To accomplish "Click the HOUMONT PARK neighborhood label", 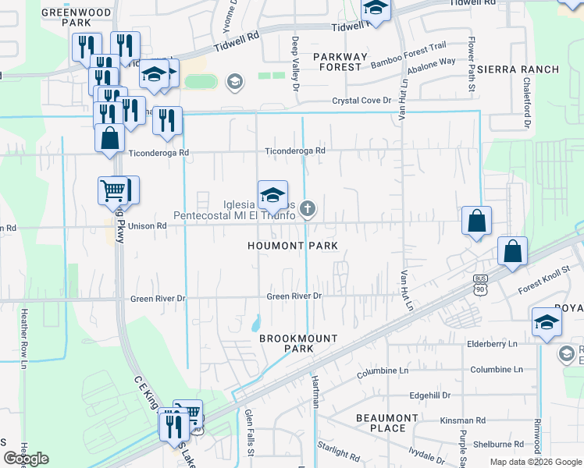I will pyautogui.click(x=293, y=246).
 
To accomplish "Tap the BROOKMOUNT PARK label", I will pyautogui.click(x=299, y=343).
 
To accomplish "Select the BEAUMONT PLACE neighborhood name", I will pyautogui.click(x=387, y=423).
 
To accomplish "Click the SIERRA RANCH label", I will pyautogui.click(x=518, y=69).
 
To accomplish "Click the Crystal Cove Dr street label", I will pyautogui.click(x=361, y=101).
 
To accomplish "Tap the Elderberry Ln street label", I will pyautogui.click(x=492, y=343).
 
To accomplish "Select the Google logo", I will pyautogui.click(x=26, y=459).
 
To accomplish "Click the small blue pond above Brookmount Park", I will pyautogui.click(x=256, y=322).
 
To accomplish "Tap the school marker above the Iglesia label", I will pyautogui.click(x=272, y=195).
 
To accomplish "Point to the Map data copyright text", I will pyautogui.click(x=536, y=462).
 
